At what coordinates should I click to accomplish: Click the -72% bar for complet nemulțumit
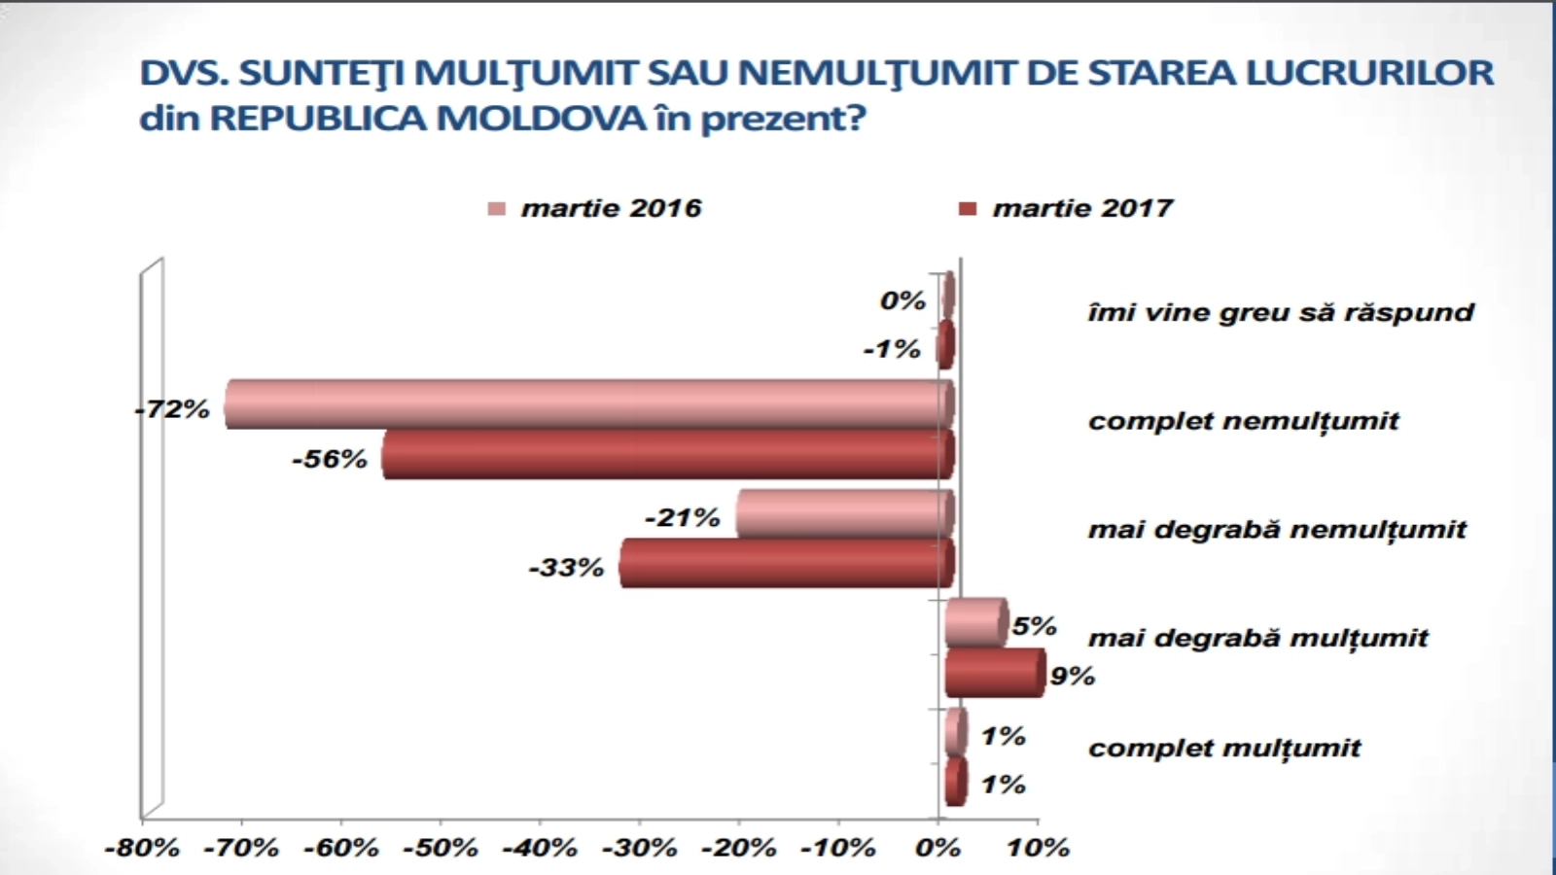pos(583,403)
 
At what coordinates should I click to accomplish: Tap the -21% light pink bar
pos(842,513)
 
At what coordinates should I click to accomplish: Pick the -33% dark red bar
pos(784,564)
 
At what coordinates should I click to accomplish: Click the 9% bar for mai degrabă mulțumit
pos(994,673)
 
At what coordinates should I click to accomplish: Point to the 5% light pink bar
pos(975,622)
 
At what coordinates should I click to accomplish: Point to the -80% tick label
pos(142,848)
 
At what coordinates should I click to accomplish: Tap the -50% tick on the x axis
pos(440,848)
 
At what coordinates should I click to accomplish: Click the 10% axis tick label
pos(1038,848)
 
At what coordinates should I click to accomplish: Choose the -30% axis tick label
pos(639,848)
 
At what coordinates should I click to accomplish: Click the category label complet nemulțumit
pos(1243,421)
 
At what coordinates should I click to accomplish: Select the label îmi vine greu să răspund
pos(1280,312)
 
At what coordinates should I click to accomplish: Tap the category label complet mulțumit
pos(1224,748)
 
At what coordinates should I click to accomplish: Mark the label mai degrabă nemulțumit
pos(1277,530)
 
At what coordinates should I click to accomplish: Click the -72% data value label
pos(172,409)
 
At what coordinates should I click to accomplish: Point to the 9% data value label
pos(1072,676)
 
